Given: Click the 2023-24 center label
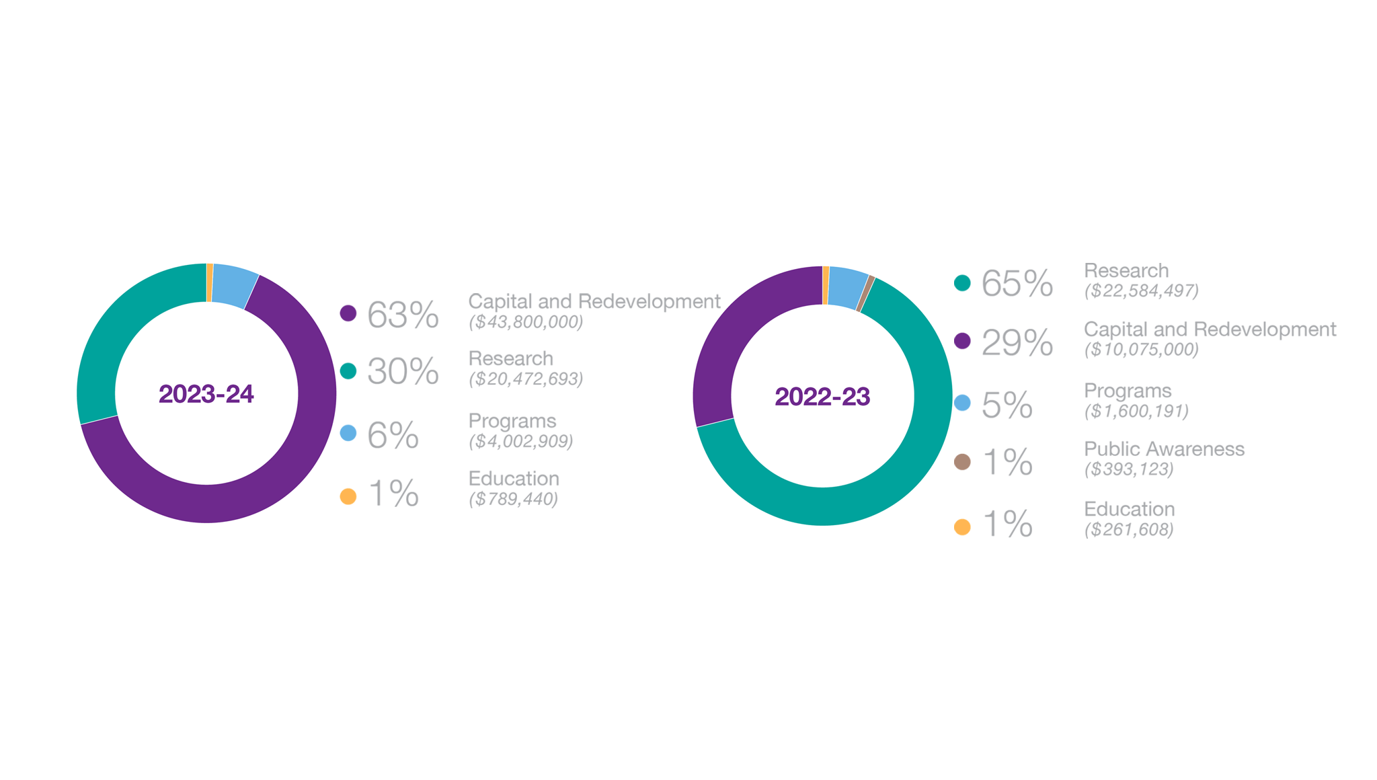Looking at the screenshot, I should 206,394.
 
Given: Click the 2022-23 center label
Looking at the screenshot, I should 822,397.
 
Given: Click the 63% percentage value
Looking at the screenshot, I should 402,315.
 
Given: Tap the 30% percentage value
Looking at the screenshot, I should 402,372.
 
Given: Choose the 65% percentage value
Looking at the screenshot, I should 1017,283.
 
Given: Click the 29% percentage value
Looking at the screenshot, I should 1017,342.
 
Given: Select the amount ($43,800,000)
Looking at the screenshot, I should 526,322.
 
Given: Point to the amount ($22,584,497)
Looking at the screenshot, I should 1141,290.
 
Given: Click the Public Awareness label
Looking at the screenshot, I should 1164,448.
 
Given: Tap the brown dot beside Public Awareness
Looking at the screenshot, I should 962,462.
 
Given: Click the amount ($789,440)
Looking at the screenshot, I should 513,499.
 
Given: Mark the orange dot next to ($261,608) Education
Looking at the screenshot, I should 962,527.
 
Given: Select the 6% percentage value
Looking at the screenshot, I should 393,435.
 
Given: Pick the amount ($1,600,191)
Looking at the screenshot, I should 1136,411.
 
